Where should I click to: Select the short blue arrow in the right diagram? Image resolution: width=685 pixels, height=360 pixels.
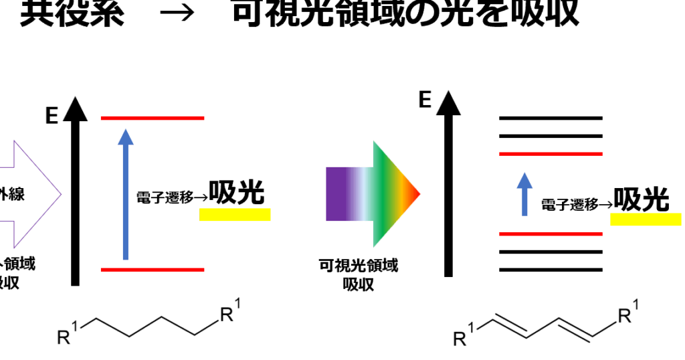pyautogui.click(x=525, y=194)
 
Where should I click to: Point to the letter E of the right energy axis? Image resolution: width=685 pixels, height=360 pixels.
pyautogui.click(x=424, y=100)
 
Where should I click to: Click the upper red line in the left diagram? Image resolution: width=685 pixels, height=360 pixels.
pyautogui.click(x=153, y=118)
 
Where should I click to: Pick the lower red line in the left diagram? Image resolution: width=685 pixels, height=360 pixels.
pyautogui.click(x=153, y=270)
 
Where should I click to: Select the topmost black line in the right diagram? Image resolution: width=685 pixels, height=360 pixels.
pyautogui.click(x=551, y=118)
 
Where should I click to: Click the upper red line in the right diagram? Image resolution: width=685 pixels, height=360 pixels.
pyautogui.click(x=551, y=154)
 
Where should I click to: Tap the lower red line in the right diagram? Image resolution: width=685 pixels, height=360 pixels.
pyautogui.click(x=551, y=234)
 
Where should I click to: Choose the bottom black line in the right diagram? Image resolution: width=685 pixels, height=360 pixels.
pyautogui.click(x=551, y=270)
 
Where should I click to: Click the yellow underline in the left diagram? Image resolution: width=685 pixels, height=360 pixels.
pyautogui.click(x=235, y=214)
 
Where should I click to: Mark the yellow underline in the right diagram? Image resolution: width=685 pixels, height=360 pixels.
pyautogui.click(x=646, y=219)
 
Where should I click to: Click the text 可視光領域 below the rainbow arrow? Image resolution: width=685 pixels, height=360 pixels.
pyautogui.click(x=358, y=266)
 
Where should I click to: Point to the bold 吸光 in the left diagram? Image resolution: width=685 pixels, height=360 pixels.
pyautogui.click(x=237, y=193)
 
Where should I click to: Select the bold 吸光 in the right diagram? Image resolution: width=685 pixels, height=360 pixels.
pyautogui.click(x=642, y=199)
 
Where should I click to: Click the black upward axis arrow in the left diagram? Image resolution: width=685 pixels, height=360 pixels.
pyautogui.click(x=75, y=194)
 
